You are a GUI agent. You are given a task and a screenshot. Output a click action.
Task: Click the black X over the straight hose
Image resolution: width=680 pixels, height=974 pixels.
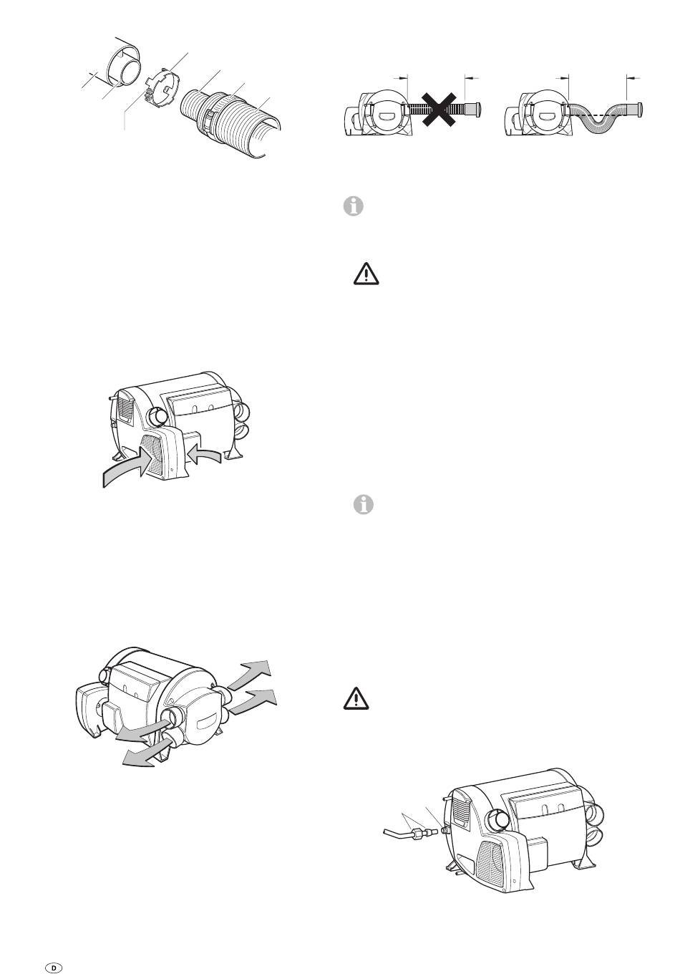[x=439, y=109]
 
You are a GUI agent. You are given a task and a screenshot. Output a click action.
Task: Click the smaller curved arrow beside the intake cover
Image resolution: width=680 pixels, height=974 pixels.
[x=205, y=453]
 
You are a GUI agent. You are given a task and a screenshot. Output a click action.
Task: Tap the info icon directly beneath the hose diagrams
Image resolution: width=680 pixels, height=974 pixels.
[x=354, y=206]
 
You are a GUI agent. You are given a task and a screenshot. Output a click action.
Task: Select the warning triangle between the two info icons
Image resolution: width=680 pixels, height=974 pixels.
[x=366, y=274]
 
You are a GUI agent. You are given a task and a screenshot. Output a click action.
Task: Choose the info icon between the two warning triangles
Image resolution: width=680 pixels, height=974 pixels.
[x=363, y=504]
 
